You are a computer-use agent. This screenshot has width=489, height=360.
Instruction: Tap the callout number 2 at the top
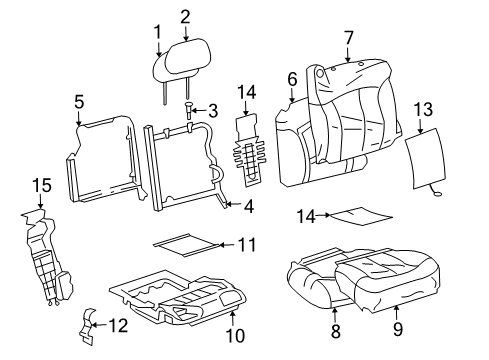(x=185, y=15)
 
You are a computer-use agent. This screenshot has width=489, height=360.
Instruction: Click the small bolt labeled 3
(x=188, y=109)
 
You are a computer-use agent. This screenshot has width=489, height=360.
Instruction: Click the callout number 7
(x=349, y=38)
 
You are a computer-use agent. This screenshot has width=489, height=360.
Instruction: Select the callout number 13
(x=423, y=108)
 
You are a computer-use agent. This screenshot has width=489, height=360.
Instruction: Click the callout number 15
(x=40, y=186)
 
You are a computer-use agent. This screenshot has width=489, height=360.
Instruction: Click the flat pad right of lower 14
(x=361, y=214)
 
